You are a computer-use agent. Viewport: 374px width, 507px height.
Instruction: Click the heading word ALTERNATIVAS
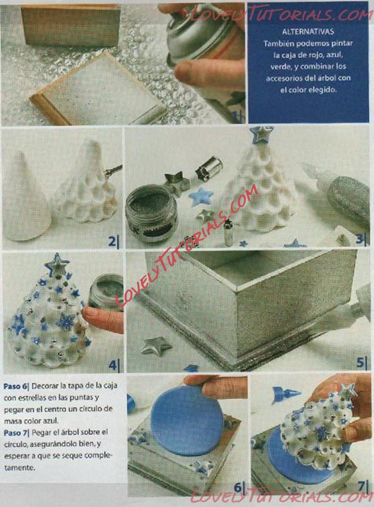[x=308, y=31]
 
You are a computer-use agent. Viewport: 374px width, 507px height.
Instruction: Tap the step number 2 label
[x=113, y=242]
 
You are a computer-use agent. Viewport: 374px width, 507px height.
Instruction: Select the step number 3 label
[x=361, y=239]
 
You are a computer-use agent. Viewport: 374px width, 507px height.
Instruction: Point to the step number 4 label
[x=113, y=365]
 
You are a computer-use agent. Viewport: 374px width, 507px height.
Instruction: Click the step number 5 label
[x=362, y=363]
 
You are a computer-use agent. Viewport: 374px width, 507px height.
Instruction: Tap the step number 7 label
[x=363, y=487]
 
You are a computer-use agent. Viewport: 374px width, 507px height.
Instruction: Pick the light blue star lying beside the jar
[x=201, y=197]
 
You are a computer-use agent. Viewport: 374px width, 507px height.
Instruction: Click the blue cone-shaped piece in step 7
[x=286, y=395]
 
